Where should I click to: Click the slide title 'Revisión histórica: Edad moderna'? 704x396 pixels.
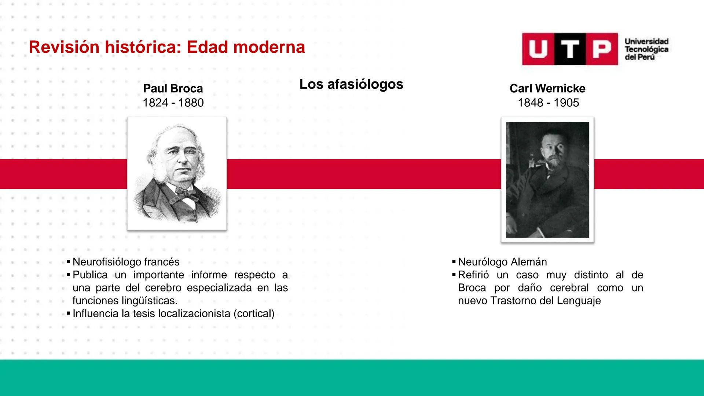point(167,47)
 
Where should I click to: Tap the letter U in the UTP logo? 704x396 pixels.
point(538,49)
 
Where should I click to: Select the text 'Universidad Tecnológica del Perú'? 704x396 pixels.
point(646,49)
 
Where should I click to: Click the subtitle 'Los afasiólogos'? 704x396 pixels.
point(351,84)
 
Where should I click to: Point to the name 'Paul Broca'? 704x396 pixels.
point(173,88)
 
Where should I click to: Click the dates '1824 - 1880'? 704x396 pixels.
point(173,103)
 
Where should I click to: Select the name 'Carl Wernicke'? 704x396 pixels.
point(547,88)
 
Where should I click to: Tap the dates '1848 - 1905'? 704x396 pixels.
point(548,103)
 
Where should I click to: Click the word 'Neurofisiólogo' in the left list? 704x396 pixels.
point(107,262)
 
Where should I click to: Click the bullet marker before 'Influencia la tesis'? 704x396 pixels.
point(68,313)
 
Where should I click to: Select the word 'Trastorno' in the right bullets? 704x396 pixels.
point(513,301)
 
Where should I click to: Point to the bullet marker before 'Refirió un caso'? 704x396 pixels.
point(454,275)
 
